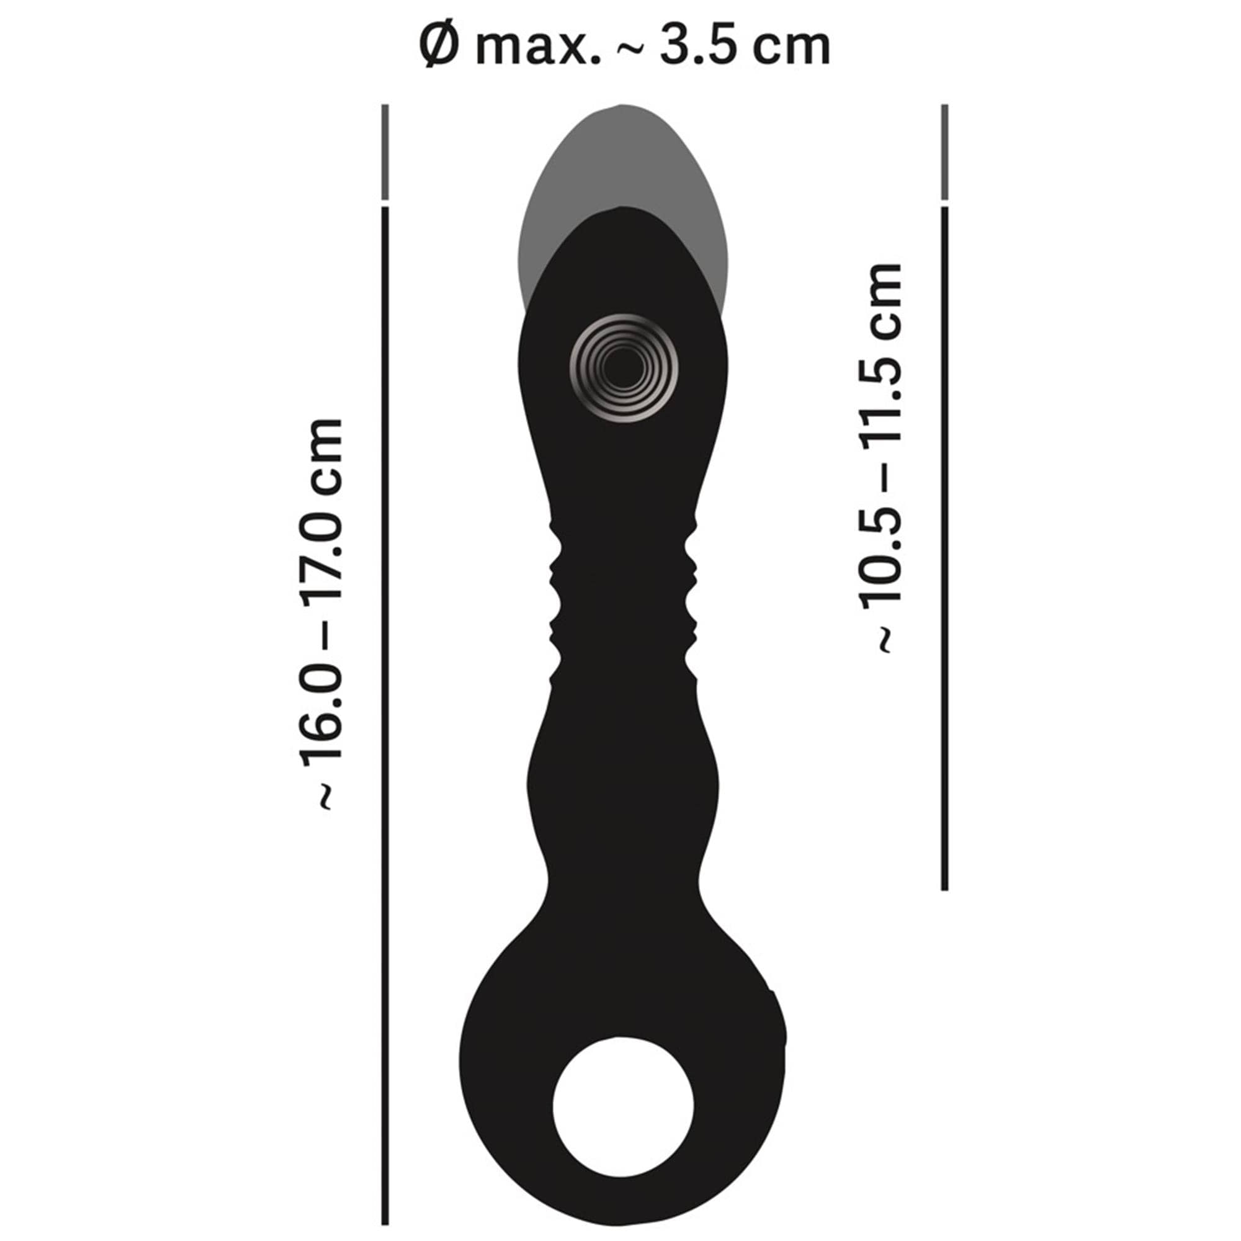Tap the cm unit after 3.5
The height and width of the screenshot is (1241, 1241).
[792, 49]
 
